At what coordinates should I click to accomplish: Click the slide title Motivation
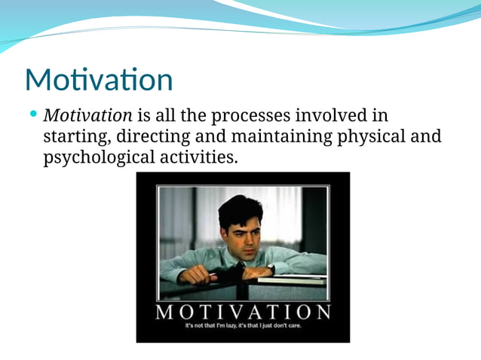pyautogui.click(x=99, y=80)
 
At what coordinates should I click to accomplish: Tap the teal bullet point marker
pyautogui.click(x=33, y=115)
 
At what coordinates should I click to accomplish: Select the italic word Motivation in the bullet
pyautogui.click(x=88, y=116)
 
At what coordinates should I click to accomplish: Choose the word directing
pyautogui.click(x=156, y=138)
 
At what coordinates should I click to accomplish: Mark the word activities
pyautogui.click(x=199, y=158)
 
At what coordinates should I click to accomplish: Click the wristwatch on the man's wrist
pyautogui.click(x=271, y=269)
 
